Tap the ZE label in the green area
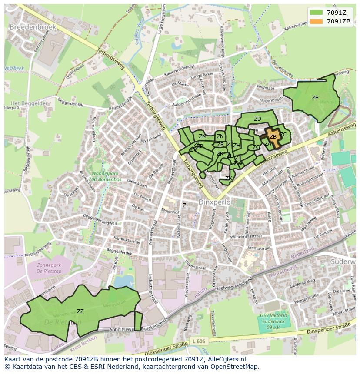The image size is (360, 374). pyautogui.click(x=315, y=98)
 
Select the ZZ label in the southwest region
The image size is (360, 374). pyautogui.click(x=80, y=311)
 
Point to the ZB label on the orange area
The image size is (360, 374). pyautogui.click(x=273, y=137)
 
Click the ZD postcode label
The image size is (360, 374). pyautogui.click(x=257, y=119)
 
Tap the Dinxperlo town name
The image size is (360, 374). pyautogui.click(x=213, y=202)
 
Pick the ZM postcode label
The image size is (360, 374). pyautogui.click(x=203, y=136)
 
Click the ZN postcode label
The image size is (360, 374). pyautogui.click(x=220, y=136)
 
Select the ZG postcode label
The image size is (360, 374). pyautogui.click(x=256, y=147)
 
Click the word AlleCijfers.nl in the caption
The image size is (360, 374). pyautogui.click(x=226, y=359)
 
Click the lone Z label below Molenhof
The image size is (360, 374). pyautogui.click(x=184, y=205)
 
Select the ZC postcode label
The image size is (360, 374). pyautogui.click(x=283, y=135)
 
